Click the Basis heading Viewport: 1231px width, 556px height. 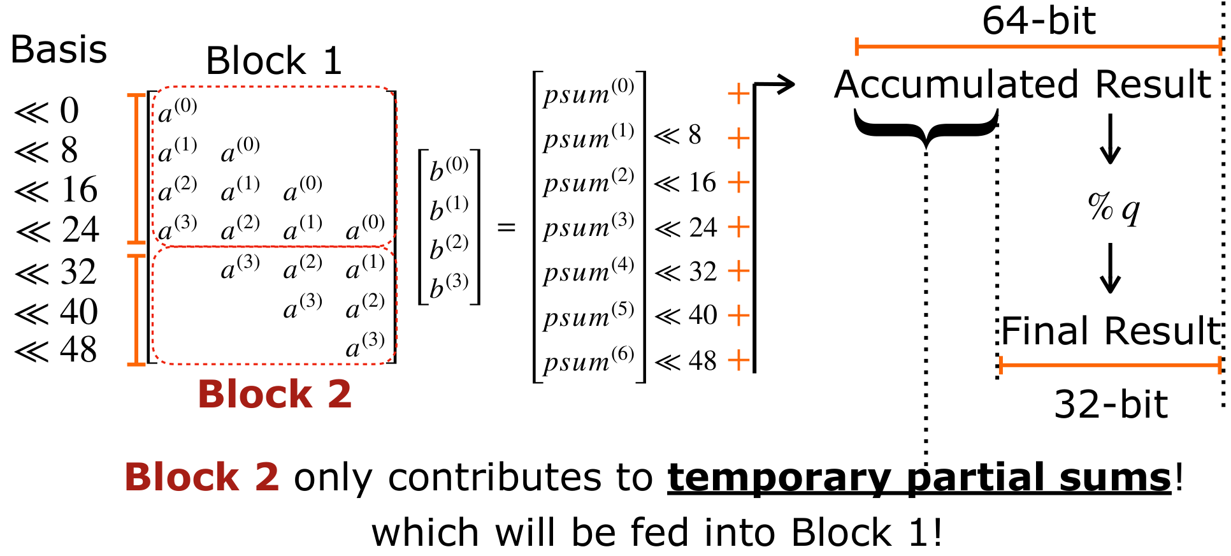(x=59, y=50)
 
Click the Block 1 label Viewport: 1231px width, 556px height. (x=274, y=61)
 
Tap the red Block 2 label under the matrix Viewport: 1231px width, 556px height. (x=274, y=394)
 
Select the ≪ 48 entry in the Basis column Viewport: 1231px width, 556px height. (x=57, y=350)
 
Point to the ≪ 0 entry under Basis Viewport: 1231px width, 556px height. (x=47, y=111)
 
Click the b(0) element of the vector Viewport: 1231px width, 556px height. (x=449, y=170)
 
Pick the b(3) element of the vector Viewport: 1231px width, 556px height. (x=449, y=286)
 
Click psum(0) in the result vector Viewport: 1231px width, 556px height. (x=588, y=93)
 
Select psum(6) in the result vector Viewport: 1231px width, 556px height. (x=588, y=361)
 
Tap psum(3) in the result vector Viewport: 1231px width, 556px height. (x=588, y=227)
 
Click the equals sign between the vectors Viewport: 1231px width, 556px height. (x=506, y=228)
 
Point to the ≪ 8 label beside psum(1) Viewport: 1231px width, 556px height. (x=677, y=135)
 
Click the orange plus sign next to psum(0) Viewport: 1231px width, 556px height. (x=738, y=94)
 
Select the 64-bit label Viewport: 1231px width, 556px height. (x=1039, y=20)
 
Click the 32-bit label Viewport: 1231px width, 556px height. (x=1111, y=404)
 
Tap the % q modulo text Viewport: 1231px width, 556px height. (x=1113, y=207)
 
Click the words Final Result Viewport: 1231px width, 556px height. (x=1111, y=331)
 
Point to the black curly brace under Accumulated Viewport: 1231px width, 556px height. (x=926, y=128)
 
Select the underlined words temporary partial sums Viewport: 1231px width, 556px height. (x=919, y=478)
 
